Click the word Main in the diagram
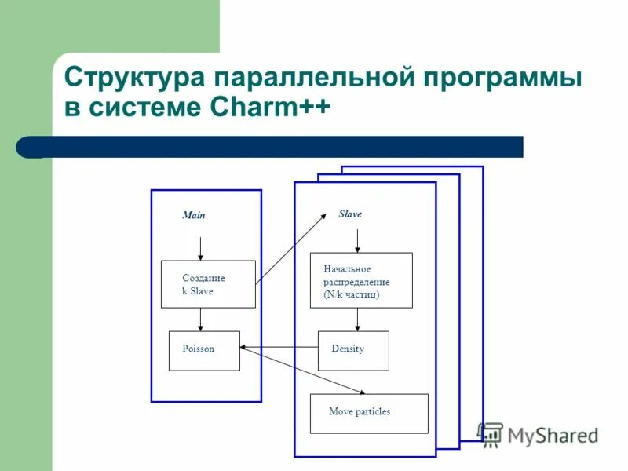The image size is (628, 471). pyautogui.click(x=193, y=215)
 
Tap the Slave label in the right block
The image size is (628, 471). pyautogui.click(x=350, y=214)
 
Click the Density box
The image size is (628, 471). pyautogui.click(x=353, y=350)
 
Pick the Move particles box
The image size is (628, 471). pyautogui.click(x=369, y=413)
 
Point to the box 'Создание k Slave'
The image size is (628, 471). pyautogui.click(x=208, y=283)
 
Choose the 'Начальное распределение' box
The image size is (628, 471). pyautogui.click(x=361, y=279)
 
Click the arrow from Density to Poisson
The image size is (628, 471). pyautogui.click(x=279, y=348)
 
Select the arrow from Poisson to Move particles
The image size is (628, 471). pyautogui.click(x=302, y=371)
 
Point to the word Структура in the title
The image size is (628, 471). pyautogui.click(x=134, y=78)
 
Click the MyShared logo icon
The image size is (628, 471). pyautogui.click(x=491, y=433)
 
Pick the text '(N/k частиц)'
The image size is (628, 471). pyautogui.click(x=351, y=295)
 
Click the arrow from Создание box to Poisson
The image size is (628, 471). pyautogui.click(x=200, y=319)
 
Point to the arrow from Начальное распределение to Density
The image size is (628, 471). pyautogui.click(x=358, y=319)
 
